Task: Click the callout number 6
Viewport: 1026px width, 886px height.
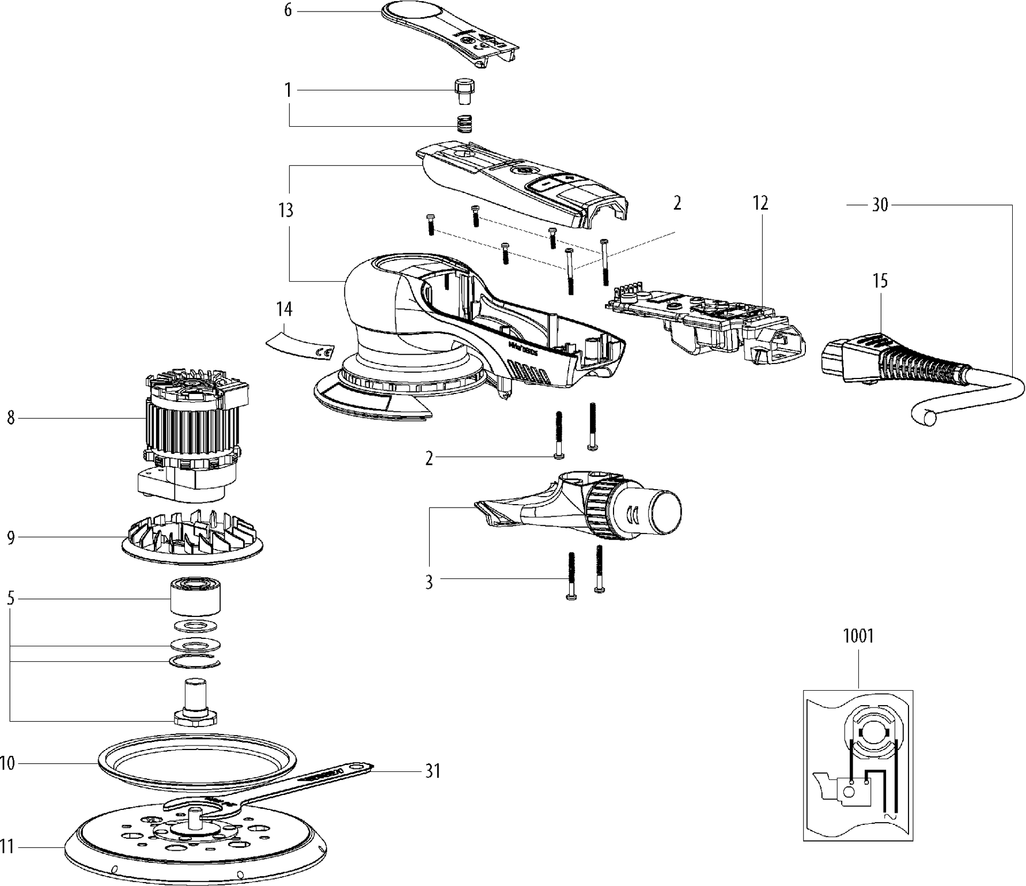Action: pos(288,10)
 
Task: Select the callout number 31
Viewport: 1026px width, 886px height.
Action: pos(433,771)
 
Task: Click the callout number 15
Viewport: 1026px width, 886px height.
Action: pos(880,281)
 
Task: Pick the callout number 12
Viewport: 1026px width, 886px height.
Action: pos(760,203)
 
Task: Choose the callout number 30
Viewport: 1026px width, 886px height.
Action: pos(880,205)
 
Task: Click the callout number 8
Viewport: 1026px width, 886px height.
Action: pos(11,418)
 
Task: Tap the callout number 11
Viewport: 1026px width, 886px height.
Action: pos(7,847)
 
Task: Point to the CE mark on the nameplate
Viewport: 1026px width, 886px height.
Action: pos(323,352)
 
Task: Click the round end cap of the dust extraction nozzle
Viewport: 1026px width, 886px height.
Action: pos(666,511)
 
